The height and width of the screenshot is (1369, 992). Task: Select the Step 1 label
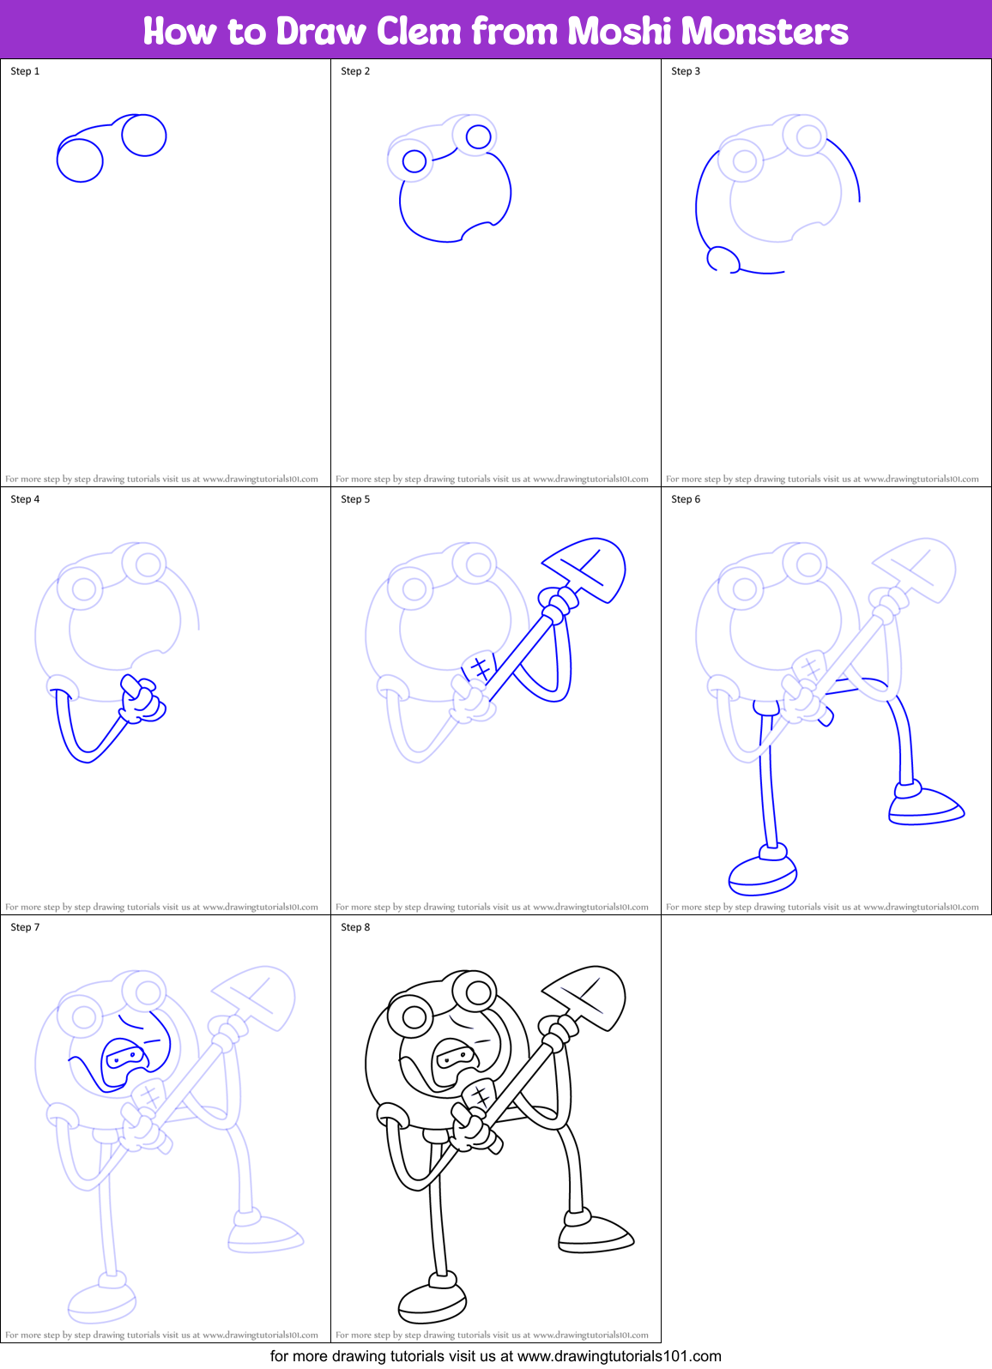pyautogui.click(x=25, y=71)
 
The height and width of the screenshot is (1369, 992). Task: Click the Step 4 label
pyautogui.click(x=25, y=499)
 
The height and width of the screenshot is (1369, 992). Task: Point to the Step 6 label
pyautogui.click(x=686, y=499)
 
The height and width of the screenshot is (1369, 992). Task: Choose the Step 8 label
pyautogui.click(x=355, y=927)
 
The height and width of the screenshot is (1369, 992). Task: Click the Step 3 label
pyautogui.click(x=686, y=71)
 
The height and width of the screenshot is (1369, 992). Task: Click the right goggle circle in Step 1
pyautogui.click(x=144, y=135)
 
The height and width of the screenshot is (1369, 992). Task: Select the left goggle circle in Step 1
pyautogui.click(x=80, y=160)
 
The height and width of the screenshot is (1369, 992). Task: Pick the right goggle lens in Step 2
pyautogui.click(x=478, y=136)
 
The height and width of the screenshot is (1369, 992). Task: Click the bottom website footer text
pyautogui.click(x=496, y=1356)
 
